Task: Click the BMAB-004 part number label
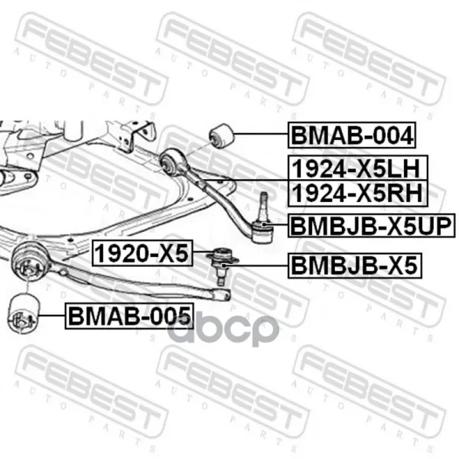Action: pos(352,135)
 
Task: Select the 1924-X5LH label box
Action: pos(358,168)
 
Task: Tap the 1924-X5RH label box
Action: pos(358,194)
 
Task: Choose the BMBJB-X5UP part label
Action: pos(372,226)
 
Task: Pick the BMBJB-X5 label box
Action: pos(354,265)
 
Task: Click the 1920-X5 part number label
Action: pos(142,253)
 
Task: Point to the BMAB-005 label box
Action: pos(129,316)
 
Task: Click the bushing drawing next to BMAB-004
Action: pos(222,136)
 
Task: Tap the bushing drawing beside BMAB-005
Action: pos(24,313)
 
